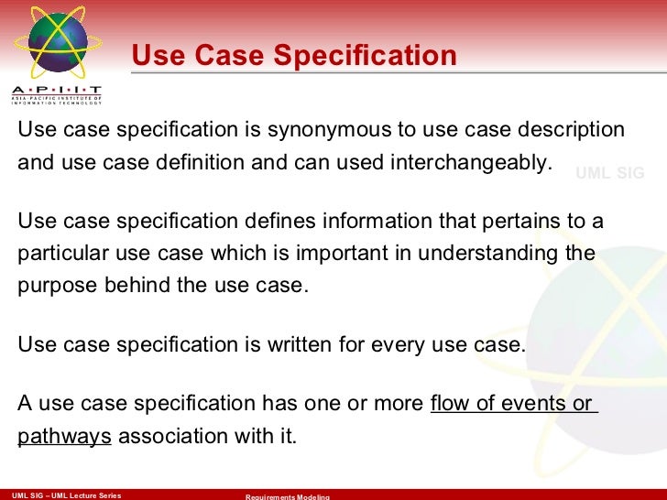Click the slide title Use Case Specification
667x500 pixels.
coord(294,56)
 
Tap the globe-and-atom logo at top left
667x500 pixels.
coord(57,43)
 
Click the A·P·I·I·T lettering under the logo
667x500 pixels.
coord(57,91)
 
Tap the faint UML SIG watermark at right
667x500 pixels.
coord(609,172)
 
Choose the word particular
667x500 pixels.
coord(58,254)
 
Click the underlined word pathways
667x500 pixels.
coord(64,436)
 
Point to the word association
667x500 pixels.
coord(170,436)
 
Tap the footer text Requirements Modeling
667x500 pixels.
coord(287,496)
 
